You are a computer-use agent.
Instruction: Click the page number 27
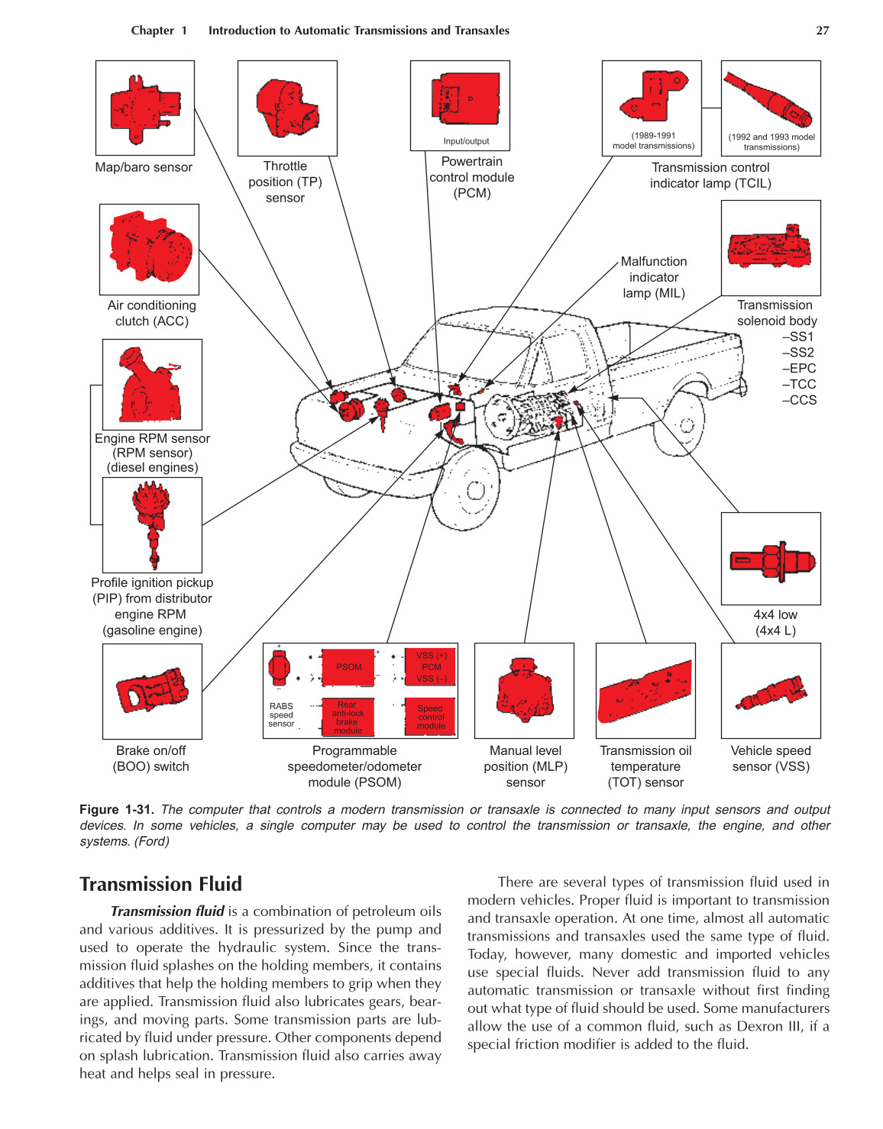(x=822, y=31)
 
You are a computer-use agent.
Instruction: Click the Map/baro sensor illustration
(x=145, y=108)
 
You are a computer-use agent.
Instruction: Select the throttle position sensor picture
(x=287, y=108)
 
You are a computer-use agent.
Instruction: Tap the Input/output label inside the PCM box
(x=466, y=141)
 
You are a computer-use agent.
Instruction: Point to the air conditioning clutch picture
(x=150, y=249)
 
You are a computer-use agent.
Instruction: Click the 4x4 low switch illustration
(x=771, y=561)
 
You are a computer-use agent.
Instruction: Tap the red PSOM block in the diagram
(x=348, y=666)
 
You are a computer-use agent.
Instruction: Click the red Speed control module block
(x=430, y=717)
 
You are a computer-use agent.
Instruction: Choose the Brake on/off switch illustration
(x=152, y=691)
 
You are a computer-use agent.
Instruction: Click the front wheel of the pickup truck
(x=473, y=489)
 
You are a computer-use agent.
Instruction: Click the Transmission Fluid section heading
(x=160, y=884)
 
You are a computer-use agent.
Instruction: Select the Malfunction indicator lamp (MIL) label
(x=653, y=277)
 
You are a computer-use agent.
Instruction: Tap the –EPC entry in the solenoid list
(x=799, y=368)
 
